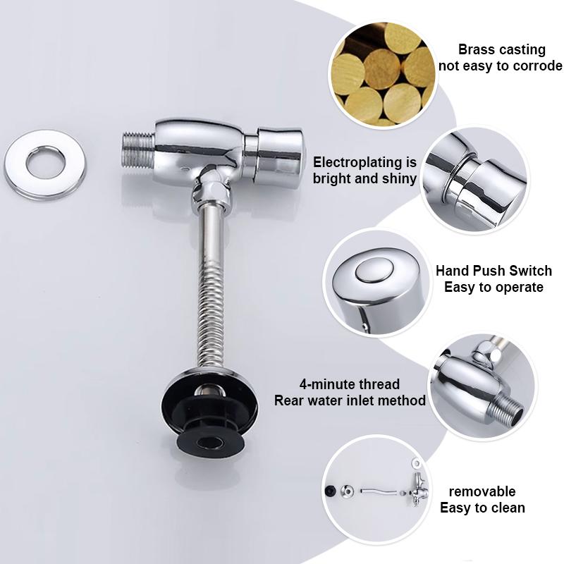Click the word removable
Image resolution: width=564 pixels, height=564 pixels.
click(x=483, y=491)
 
